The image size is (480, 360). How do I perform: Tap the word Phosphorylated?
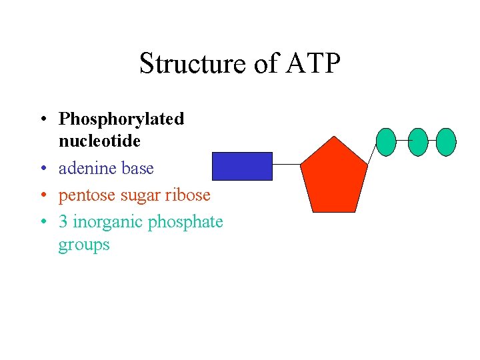[121, 119]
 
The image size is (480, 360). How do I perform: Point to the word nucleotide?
[99, 141]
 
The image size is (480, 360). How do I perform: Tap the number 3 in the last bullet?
[63, 222]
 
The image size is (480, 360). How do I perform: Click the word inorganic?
[107, 222]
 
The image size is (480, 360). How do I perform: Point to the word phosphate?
[185, 222]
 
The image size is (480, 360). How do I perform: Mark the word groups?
[84, 245]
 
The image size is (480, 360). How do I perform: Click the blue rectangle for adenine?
[242, 166]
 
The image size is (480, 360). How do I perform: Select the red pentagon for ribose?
[333, 177]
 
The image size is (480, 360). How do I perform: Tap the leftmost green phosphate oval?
[386, 142]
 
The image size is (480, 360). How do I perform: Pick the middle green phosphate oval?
[417, 142]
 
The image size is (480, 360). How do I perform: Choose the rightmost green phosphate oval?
[447, 142]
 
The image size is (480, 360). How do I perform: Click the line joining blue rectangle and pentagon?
[287, 164]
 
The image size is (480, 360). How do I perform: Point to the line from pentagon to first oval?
[372, 153]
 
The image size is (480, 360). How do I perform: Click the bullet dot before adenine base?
[42, 169]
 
